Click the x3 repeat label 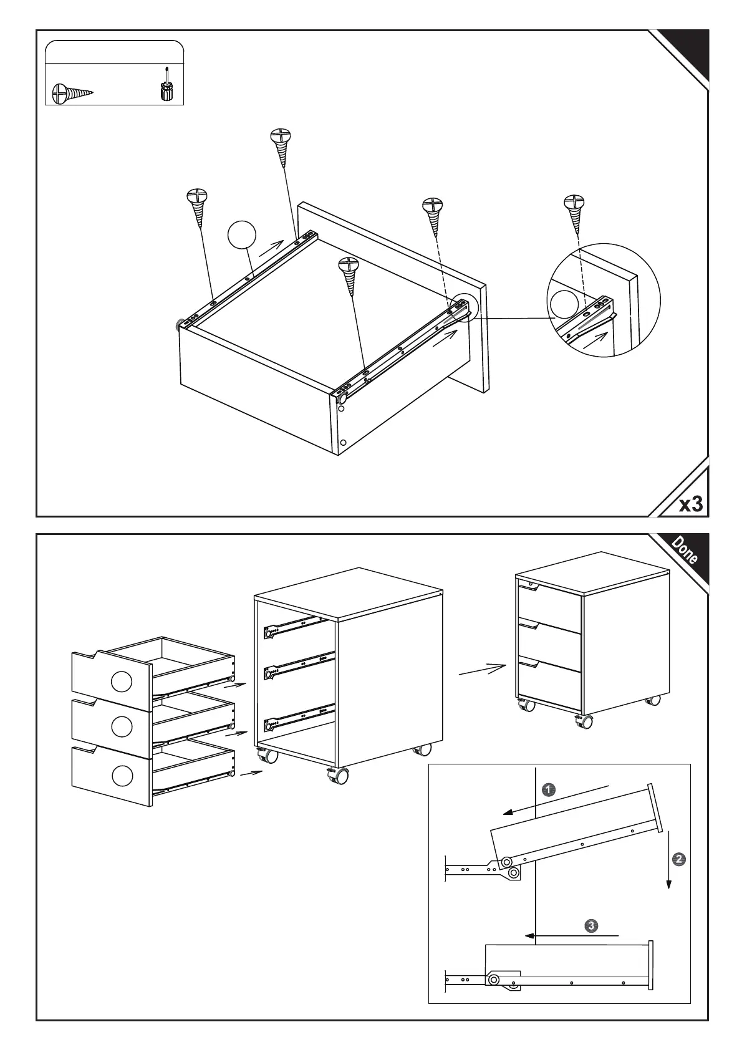click(690, 503)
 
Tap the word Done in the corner click(684, 550)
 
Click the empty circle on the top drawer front click(122, 682)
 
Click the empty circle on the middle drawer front click(122, 726)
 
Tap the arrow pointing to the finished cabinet click(481, 670)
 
